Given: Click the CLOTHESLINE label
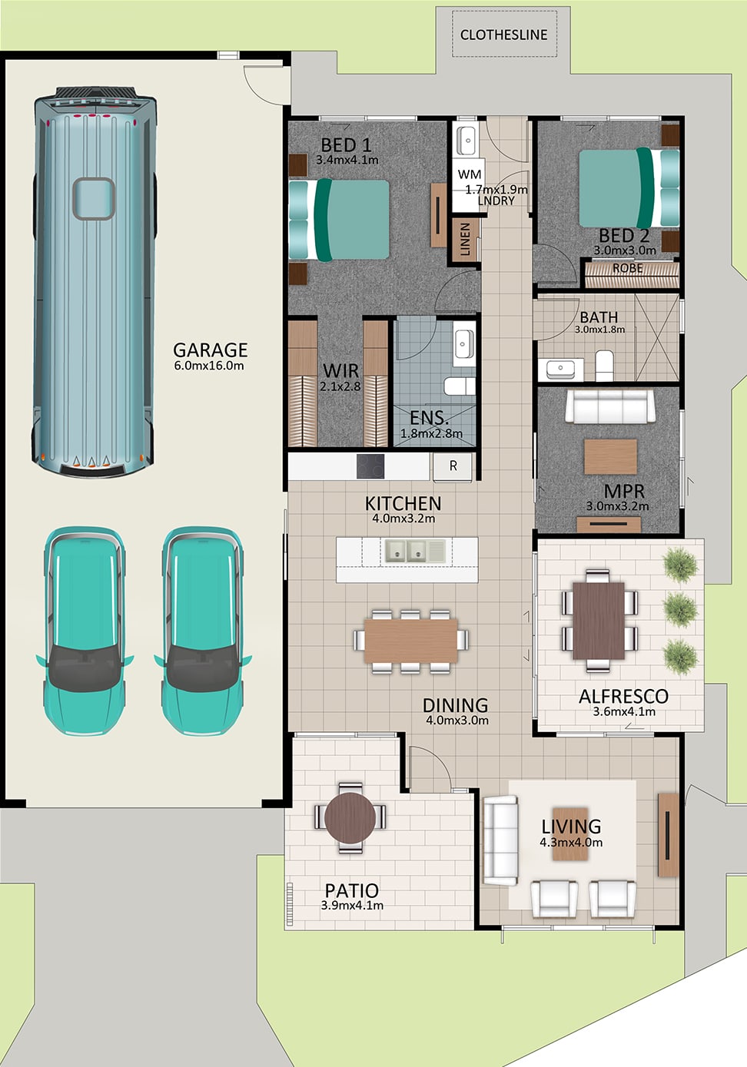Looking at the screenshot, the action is click(503, 35).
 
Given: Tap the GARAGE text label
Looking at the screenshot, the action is click(210, 350).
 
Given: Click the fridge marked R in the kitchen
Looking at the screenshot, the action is click(453, 466).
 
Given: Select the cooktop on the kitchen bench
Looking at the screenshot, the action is click(370, 466).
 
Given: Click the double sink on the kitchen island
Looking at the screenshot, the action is click(406, 551).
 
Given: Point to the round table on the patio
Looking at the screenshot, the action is click(350, 817).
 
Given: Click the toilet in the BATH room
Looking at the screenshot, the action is click(605, 366).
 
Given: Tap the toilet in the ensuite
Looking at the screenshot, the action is click(460, 386).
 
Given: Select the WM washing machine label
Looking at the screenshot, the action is click(470, 175).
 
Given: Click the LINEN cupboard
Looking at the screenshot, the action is click(465, 240).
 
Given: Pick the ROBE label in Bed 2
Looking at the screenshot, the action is click(627, 269).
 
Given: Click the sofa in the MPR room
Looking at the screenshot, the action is click(609, 406).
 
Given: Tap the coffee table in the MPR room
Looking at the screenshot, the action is click(610, 457).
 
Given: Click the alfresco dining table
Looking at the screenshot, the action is click(599, 621).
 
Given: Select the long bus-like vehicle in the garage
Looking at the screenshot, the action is click(95, 282).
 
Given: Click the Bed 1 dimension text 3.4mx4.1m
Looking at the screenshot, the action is click(347, 160).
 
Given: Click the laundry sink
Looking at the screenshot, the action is click(467, 141).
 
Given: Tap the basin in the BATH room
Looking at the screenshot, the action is click(561, 369).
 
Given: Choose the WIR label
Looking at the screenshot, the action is click(340, 370).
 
